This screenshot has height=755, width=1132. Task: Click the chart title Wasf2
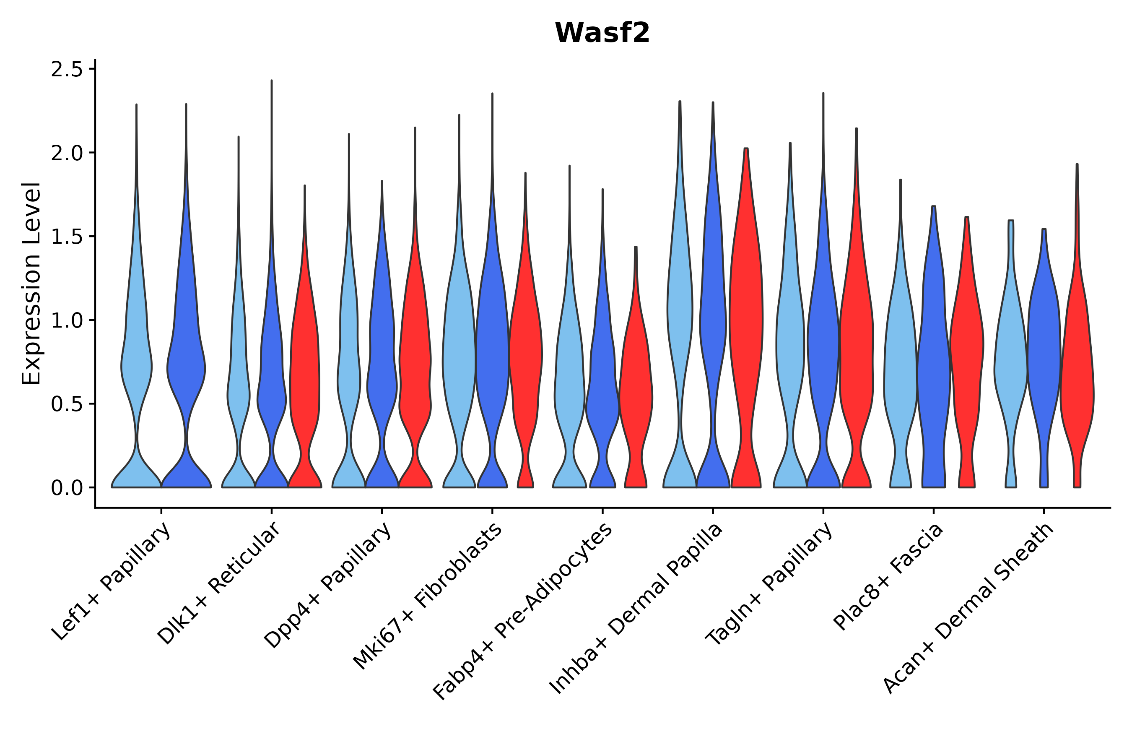[x=602, y=33]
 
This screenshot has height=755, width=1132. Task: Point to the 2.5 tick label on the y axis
[x=66, y=70]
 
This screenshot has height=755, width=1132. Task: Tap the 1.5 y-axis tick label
[x=66, y=237]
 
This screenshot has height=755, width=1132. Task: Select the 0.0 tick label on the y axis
[x=66, y=488]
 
